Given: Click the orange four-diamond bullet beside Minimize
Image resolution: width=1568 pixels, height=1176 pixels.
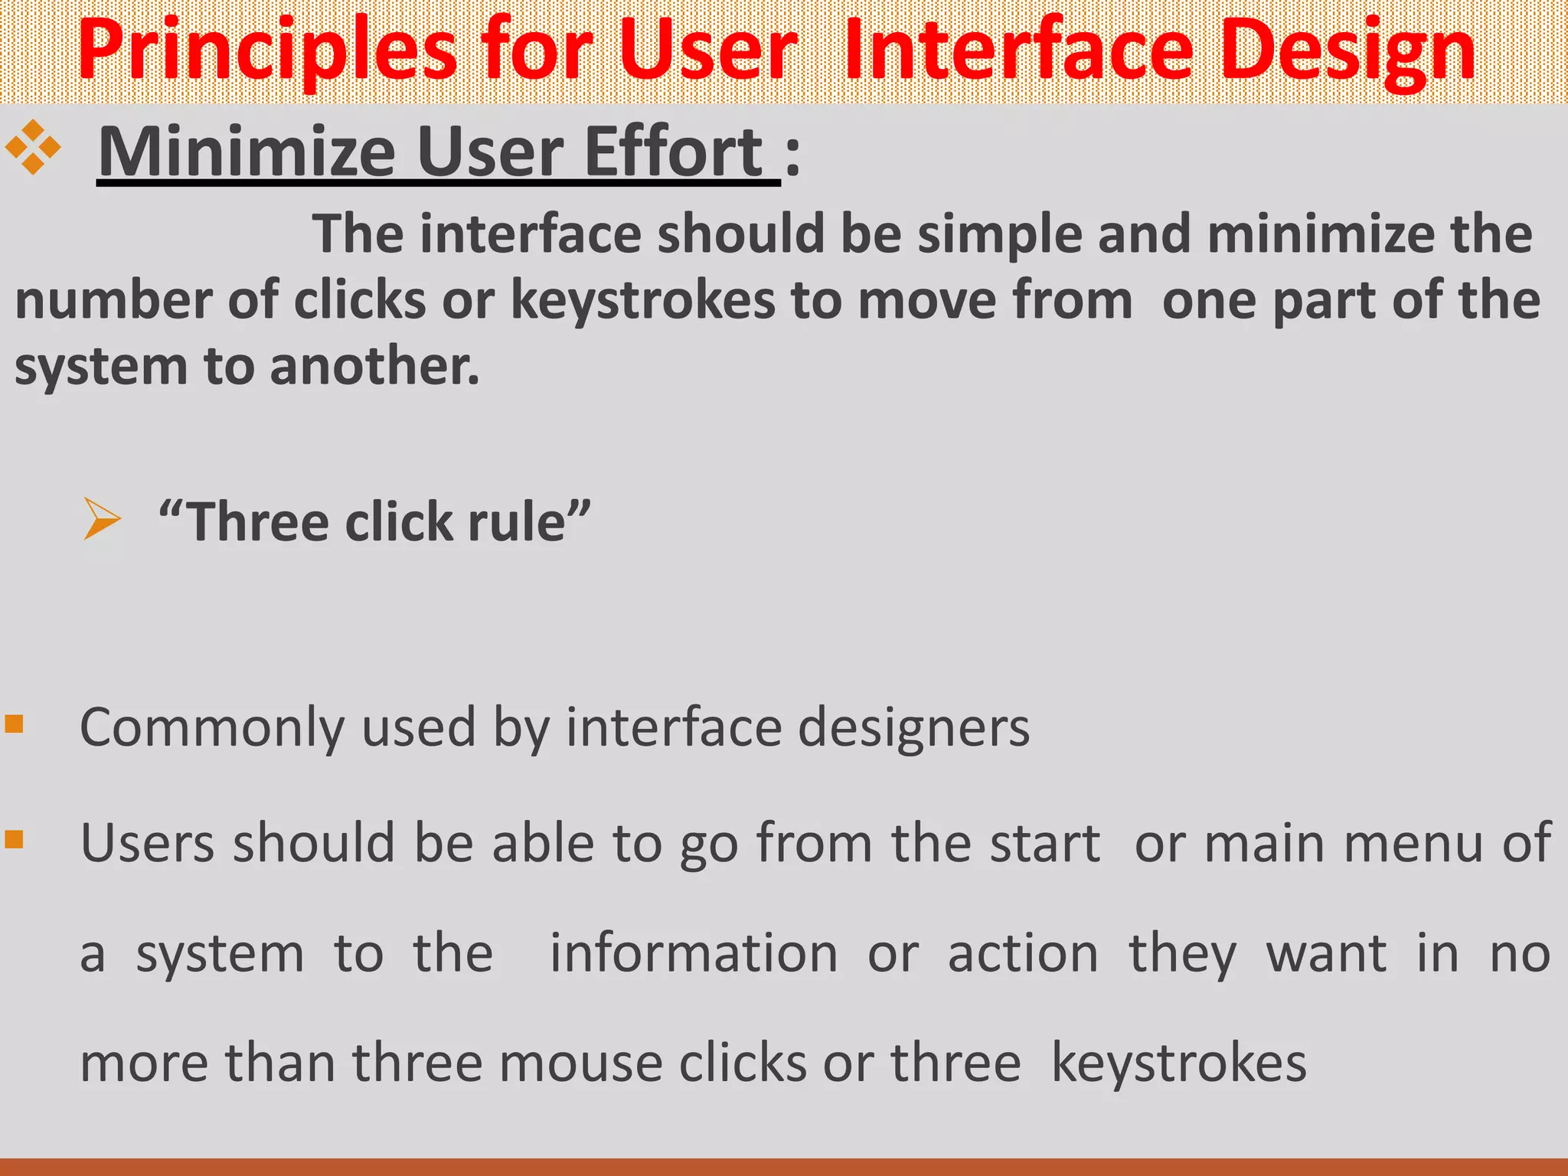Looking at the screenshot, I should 33,147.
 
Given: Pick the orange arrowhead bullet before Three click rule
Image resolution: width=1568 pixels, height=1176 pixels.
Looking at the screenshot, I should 102,519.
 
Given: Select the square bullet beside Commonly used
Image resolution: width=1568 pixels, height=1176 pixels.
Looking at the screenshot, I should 15,724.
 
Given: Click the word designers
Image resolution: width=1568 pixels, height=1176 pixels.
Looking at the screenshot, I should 914,727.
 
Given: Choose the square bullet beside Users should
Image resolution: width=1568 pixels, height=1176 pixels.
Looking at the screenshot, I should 15,840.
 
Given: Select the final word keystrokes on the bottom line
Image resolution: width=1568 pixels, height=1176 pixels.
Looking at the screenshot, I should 1179,1063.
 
